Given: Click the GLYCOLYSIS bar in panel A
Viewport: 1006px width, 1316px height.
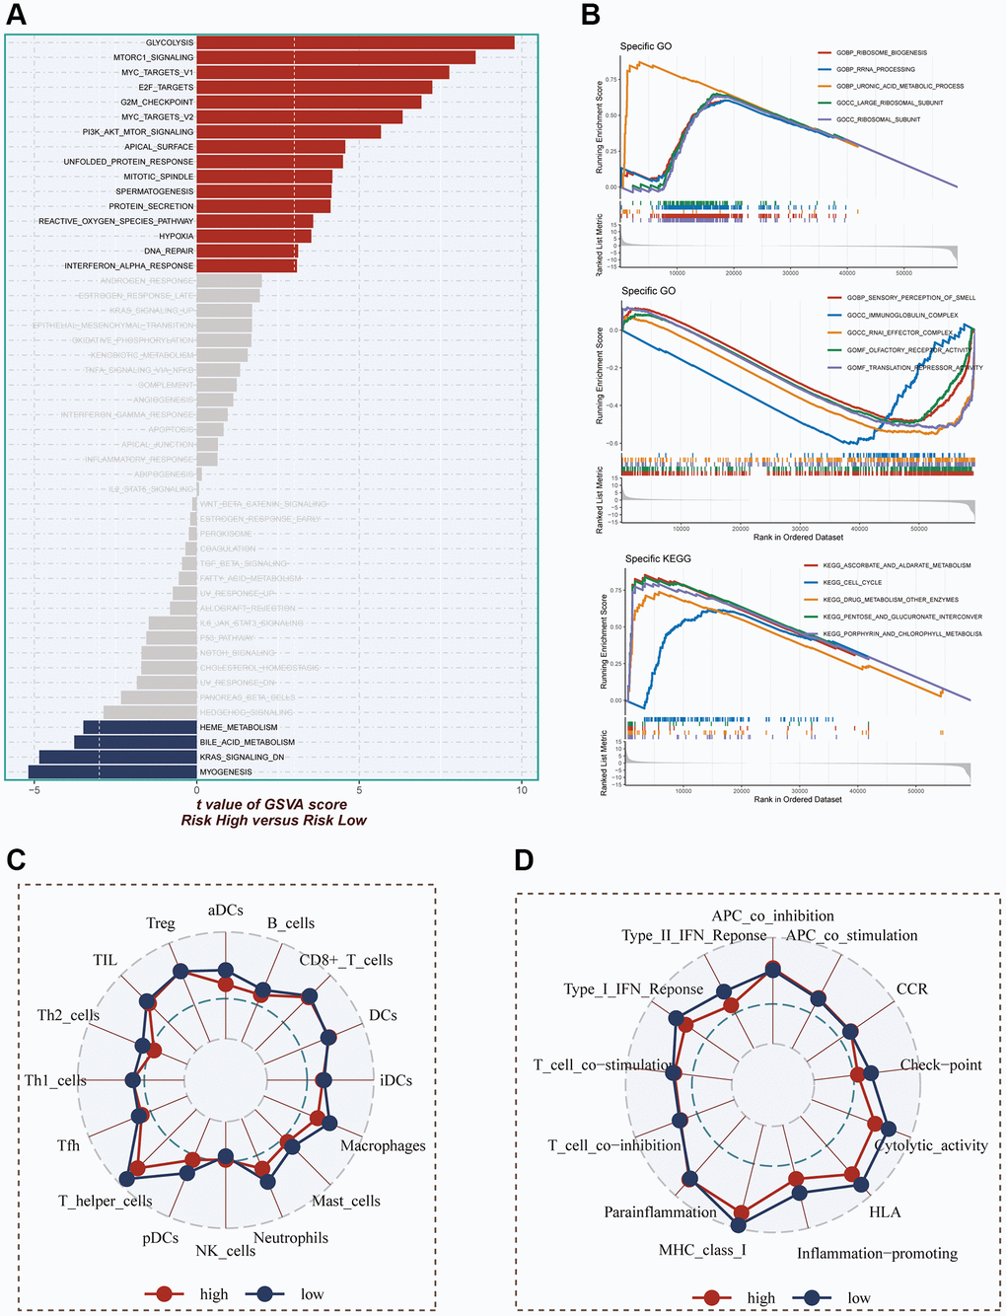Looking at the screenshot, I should (x=355, y=42).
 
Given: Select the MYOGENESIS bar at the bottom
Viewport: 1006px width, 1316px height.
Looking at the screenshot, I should (x=112, y=771).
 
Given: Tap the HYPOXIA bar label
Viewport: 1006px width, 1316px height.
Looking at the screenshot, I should (x=177, y=236).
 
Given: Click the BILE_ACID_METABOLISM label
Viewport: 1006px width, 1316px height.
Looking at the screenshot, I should (x=247, y=742).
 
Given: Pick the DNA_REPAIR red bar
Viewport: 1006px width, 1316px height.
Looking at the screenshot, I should (x=247, y=251).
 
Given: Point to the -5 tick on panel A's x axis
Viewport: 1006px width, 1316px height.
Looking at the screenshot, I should (x=35, y=790).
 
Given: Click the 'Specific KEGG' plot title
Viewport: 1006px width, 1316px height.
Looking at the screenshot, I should (x=658, y=558).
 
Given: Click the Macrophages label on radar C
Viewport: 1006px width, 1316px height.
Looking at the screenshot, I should (x=383, y=1145).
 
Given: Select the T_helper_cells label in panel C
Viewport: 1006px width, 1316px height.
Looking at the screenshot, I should (x=105, y=1201).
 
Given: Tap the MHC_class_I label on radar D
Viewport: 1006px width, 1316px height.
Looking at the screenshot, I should (x=703, y=1250).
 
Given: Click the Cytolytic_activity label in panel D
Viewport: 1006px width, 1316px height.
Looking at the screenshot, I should (x=931, y=1145).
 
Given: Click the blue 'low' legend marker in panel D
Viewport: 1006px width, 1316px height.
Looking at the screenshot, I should (x=813, y=1297).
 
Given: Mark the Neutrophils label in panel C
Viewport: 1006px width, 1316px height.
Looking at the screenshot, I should (x=291, y=1238).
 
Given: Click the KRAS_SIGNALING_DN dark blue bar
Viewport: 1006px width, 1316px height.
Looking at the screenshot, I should (x=117, y=757).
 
